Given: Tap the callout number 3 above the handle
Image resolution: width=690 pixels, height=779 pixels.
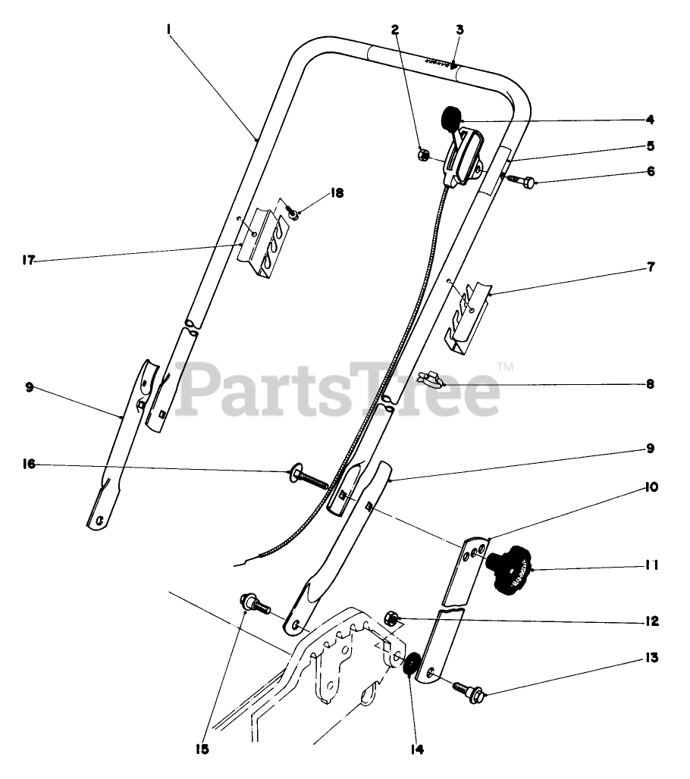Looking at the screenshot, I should click(459, 30).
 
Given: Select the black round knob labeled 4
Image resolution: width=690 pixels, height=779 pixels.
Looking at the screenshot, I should click(452, 117).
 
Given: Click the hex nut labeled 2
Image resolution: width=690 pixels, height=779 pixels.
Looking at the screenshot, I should click(424, 155).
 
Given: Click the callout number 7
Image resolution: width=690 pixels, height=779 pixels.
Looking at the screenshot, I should click(651, 267).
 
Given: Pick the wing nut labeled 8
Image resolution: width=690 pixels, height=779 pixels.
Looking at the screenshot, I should click(432, 379).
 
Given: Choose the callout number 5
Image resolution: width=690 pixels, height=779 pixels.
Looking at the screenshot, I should click(651, 145).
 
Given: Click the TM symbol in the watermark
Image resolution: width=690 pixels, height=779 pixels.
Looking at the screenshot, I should click(504, 368).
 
